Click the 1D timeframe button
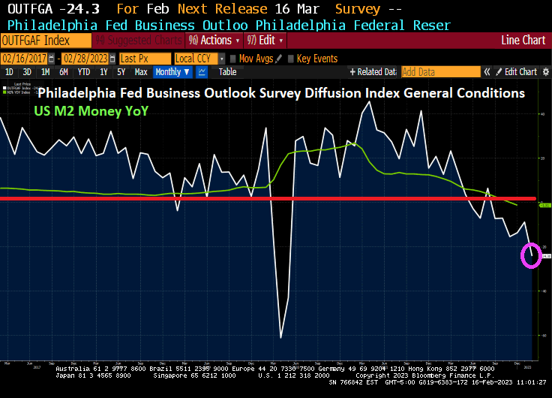click(x=9, y=72)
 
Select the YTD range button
click(x=83, y=72)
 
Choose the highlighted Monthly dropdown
click(x=172, y=72)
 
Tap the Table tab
click(x=227, y=72)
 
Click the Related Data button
click(x=373, y=72)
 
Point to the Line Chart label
click(x=523, y=40)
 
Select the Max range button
click(x=141, y=72)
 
